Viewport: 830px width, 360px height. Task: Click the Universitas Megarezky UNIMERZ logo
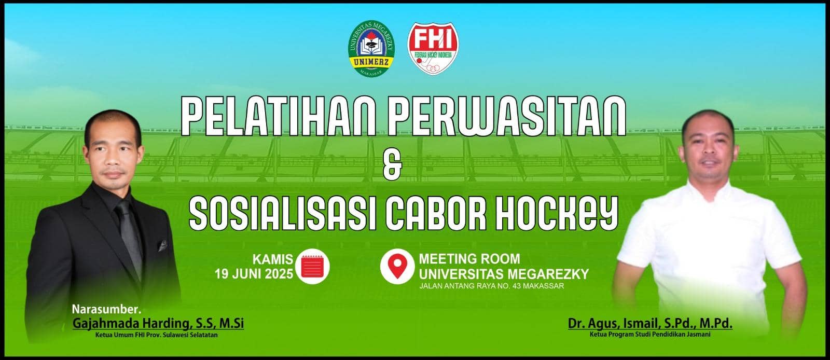pyautogui.click(x=371, y=48)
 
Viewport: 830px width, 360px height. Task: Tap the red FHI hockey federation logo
pyautogui.click(x=433, y=48)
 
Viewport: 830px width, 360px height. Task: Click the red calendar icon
pyautogui.click(x=313, y=266)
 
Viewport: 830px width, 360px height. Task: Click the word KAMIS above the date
pyautogui.click(x=273, y=259)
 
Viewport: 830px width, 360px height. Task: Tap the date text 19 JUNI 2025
pyautogui.click(x=254, y=274)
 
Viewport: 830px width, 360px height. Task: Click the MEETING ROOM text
pyautogui.click(x=469, y=258)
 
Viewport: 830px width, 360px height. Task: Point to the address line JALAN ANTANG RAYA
pyautogui.click(x=492, y=286)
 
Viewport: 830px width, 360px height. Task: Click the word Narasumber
pyautogui.click(x=107, y=309)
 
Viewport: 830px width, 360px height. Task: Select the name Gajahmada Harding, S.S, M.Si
pyautogui.click(x=158, y=323)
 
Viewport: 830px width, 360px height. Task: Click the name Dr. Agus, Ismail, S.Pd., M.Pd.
pyautogui.click(x=651, y=324)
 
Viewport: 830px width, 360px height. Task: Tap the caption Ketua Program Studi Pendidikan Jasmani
pyautogui.click(x=651, y=335)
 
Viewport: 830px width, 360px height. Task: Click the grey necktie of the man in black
pyautogui.click(x=130, y=237)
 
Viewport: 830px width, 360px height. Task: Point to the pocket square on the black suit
pyautogui.click(x=163, y=245)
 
